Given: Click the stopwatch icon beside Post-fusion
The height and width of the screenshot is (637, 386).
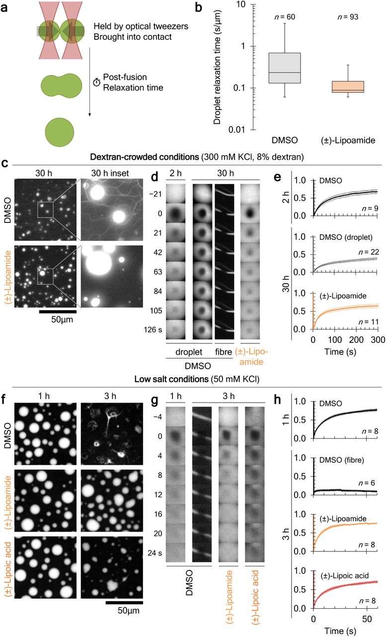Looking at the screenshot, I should [x=96, y=83].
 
